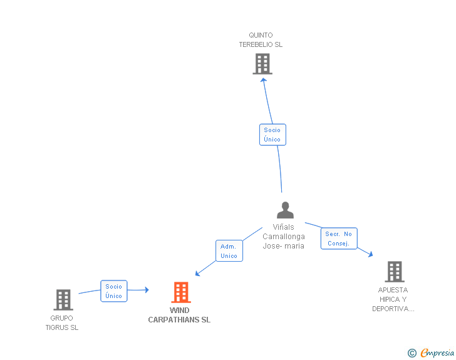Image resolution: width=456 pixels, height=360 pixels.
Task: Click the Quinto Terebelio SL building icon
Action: [262, 64]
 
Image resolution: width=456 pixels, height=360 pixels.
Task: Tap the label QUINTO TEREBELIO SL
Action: [261, 40]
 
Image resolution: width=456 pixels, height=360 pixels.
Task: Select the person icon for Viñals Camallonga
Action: [285, 210]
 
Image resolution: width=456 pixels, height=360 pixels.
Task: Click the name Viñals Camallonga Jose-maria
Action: [284, 237]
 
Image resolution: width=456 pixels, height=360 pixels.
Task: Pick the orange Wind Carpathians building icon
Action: [180, 292]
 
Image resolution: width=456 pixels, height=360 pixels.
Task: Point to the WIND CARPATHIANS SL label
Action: [179, 315]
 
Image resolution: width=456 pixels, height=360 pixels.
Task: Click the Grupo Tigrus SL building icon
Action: [63, 300]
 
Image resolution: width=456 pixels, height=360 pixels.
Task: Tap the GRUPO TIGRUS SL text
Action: [62, 322]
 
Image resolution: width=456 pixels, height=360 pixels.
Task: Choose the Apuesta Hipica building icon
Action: [394, 272]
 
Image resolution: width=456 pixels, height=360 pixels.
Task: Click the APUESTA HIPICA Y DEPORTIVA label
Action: [393, 299]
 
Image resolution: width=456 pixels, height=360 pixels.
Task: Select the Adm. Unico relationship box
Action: [229, 251]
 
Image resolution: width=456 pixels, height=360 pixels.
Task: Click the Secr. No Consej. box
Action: [339, 239]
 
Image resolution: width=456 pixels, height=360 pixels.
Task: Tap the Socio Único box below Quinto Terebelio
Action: [272, 135]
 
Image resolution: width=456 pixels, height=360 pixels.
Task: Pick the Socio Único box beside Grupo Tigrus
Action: [113, 291]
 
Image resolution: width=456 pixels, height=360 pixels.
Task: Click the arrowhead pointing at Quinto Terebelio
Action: [263, 79]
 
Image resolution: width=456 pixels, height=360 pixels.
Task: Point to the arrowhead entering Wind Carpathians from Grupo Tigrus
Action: [147, 289]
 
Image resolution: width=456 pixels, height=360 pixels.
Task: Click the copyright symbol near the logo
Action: [412, 354]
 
